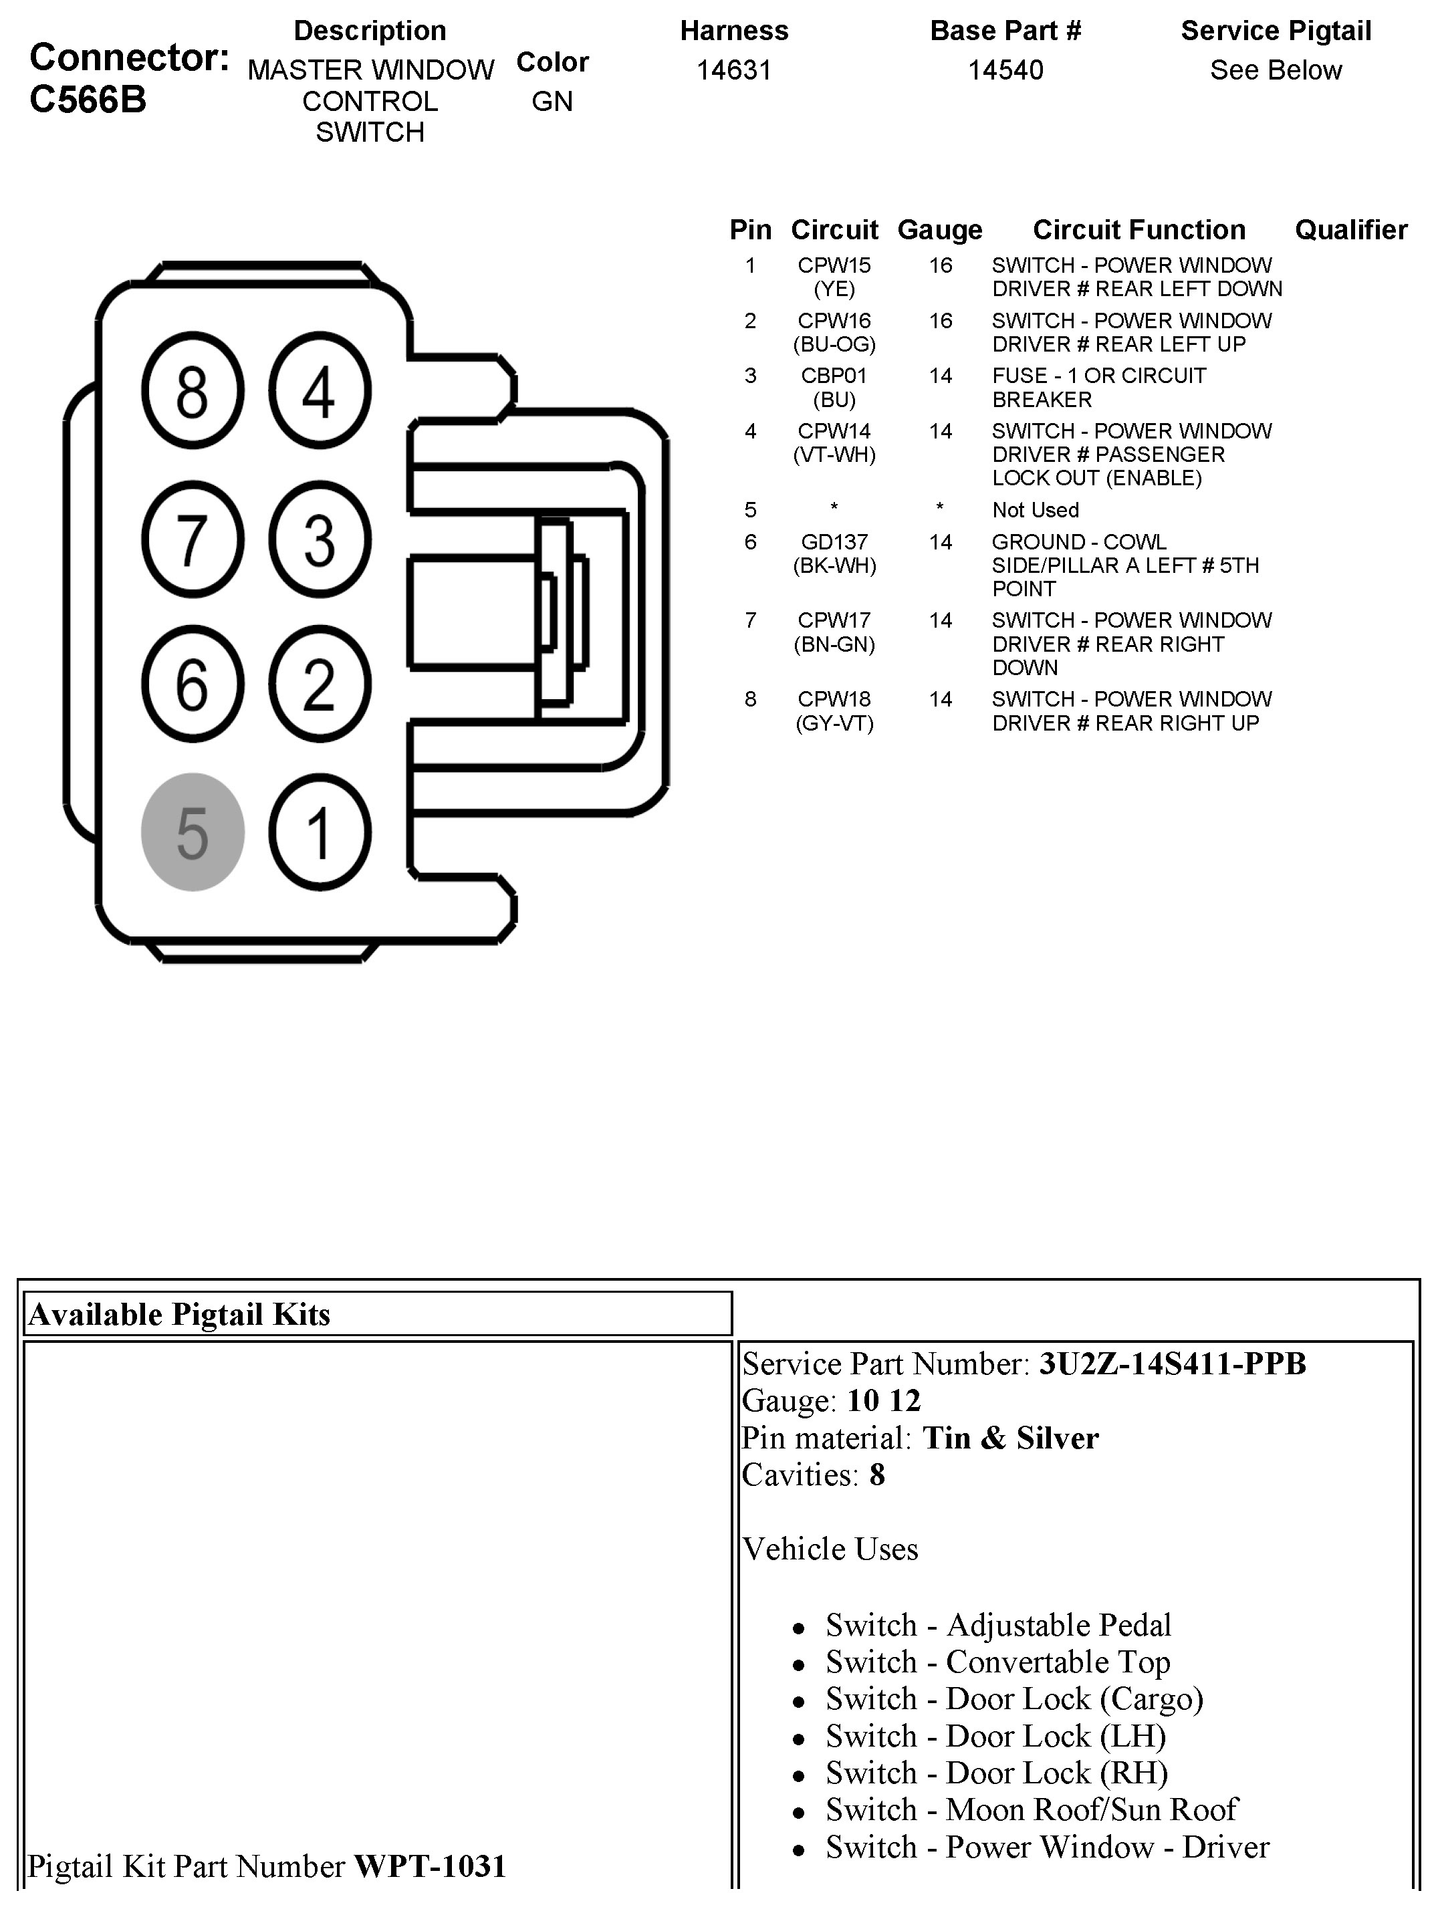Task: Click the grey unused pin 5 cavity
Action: click(x=193, y=832)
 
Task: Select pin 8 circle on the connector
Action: click(x=193, y=391)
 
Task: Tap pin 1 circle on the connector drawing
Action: click(x=320, y=832)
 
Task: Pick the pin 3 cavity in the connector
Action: click(x=320, y=539)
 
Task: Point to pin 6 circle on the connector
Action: click(x=193, y=684)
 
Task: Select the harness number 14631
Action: click(x=733, y=70)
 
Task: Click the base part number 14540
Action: click(x=1005, y=70)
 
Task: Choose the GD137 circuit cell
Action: click(x=834, y=542)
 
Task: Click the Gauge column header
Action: click(x=940, y=229)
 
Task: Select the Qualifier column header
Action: click(x=1350, y=229)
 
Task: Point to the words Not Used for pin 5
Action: click(x=1036, y=510)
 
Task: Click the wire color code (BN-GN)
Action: click(x=834, y=644)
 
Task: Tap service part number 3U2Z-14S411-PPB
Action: click(x=1172, y=1364)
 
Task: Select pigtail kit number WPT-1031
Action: click(x=430, y=1866)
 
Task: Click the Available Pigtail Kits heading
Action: click(x=179, y=1314)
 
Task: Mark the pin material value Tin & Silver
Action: click(x=1011, y=1438)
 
